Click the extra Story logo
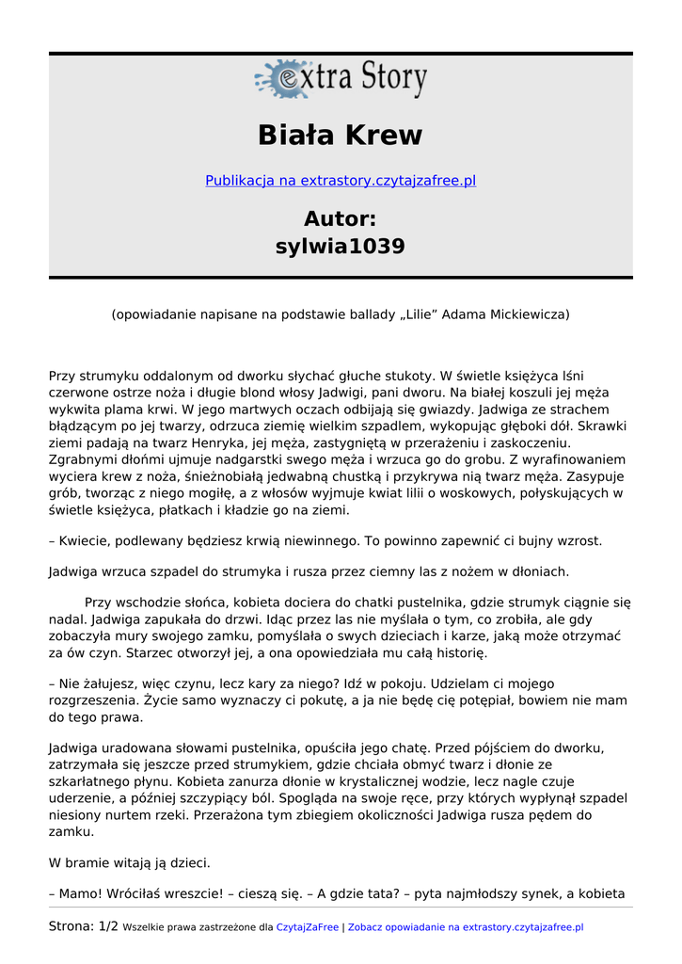pos(341,79)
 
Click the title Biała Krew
pos(341,136)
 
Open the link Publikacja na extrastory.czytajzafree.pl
pos(341,181)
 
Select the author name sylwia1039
pos(341,247)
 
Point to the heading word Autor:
pos(341,219)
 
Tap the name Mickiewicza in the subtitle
pos(529,314)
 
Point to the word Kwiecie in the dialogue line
pos(85,541)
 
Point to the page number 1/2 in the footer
pos(108,927)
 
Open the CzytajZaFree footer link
pos(307,927)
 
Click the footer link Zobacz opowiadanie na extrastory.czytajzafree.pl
pos(466,927)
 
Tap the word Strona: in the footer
pos(71,927)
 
